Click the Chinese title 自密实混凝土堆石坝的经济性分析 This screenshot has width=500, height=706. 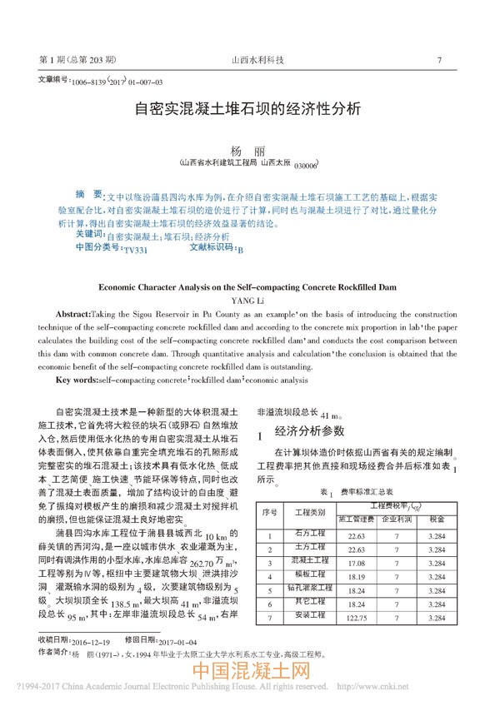click(x=248, y=109)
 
